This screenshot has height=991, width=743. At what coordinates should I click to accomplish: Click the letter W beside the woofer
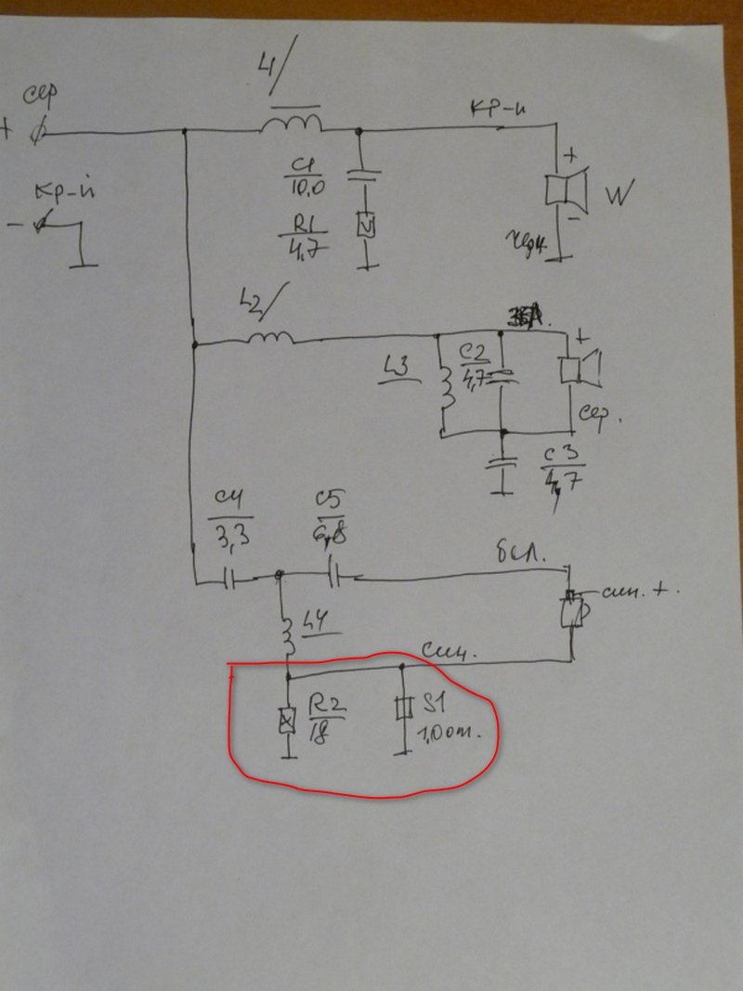[x=619, y=196]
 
